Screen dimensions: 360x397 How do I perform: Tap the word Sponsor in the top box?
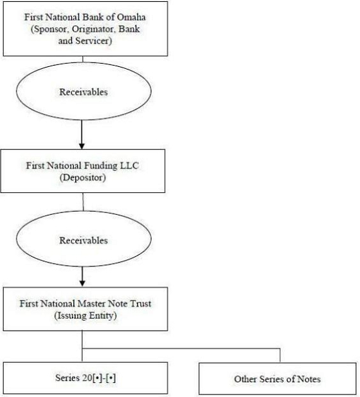pyautogui.click(x=50, y=29)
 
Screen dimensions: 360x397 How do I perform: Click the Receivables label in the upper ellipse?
pyautogui.click(x=84, y=91)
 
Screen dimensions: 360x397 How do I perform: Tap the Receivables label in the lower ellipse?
pyautogui.click(x=84, y=240)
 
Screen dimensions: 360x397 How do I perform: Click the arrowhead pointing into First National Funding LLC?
pyautogui.click(x=82, y=146)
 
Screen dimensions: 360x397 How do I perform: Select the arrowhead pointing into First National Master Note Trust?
pyautogui.click(x=82, y=283)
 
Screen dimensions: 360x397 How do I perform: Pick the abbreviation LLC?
pyautogui.click(x=129, y=165)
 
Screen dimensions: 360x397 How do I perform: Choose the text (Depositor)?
pyautogui.click(x=83, y=178)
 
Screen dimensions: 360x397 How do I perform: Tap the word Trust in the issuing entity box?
pyautogui.click(x=140, y=304)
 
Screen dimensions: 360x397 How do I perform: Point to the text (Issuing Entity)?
pyautogui.click(x=85, y=315)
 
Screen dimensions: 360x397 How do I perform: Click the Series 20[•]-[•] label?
pyautogui.click(x=85, y=378)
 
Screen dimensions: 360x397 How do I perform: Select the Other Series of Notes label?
pyautogui.click(x=277, y=379)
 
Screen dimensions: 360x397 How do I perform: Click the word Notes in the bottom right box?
pyautogui.click(x=309, y=379)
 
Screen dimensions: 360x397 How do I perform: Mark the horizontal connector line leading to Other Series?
pyautogui.click(x=181, y=349)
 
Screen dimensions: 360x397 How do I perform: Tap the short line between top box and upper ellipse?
pyautogui.click(x=83, y=59)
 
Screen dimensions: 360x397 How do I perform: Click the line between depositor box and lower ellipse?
pyautogui.click(x=83, y=202)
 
